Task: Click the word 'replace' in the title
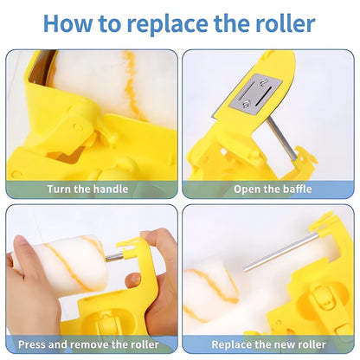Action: [167, 24]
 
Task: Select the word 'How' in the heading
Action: [67, 23]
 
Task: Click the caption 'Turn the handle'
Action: [87, 189]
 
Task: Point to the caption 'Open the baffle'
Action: [273, 189]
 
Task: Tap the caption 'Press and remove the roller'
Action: [88, 344]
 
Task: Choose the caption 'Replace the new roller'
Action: [268, 344]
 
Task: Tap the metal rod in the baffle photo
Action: [282, 139]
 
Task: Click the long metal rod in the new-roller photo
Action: [280, 252]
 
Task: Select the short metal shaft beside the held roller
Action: [114, 257]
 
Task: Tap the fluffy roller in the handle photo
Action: [115, 84]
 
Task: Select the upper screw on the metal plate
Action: [263, 83]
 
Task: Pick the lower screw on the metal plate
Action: [247, 104]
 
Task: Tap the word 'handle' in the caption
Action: [111, 189]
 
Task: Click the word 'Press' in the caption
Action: [32, 344]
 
